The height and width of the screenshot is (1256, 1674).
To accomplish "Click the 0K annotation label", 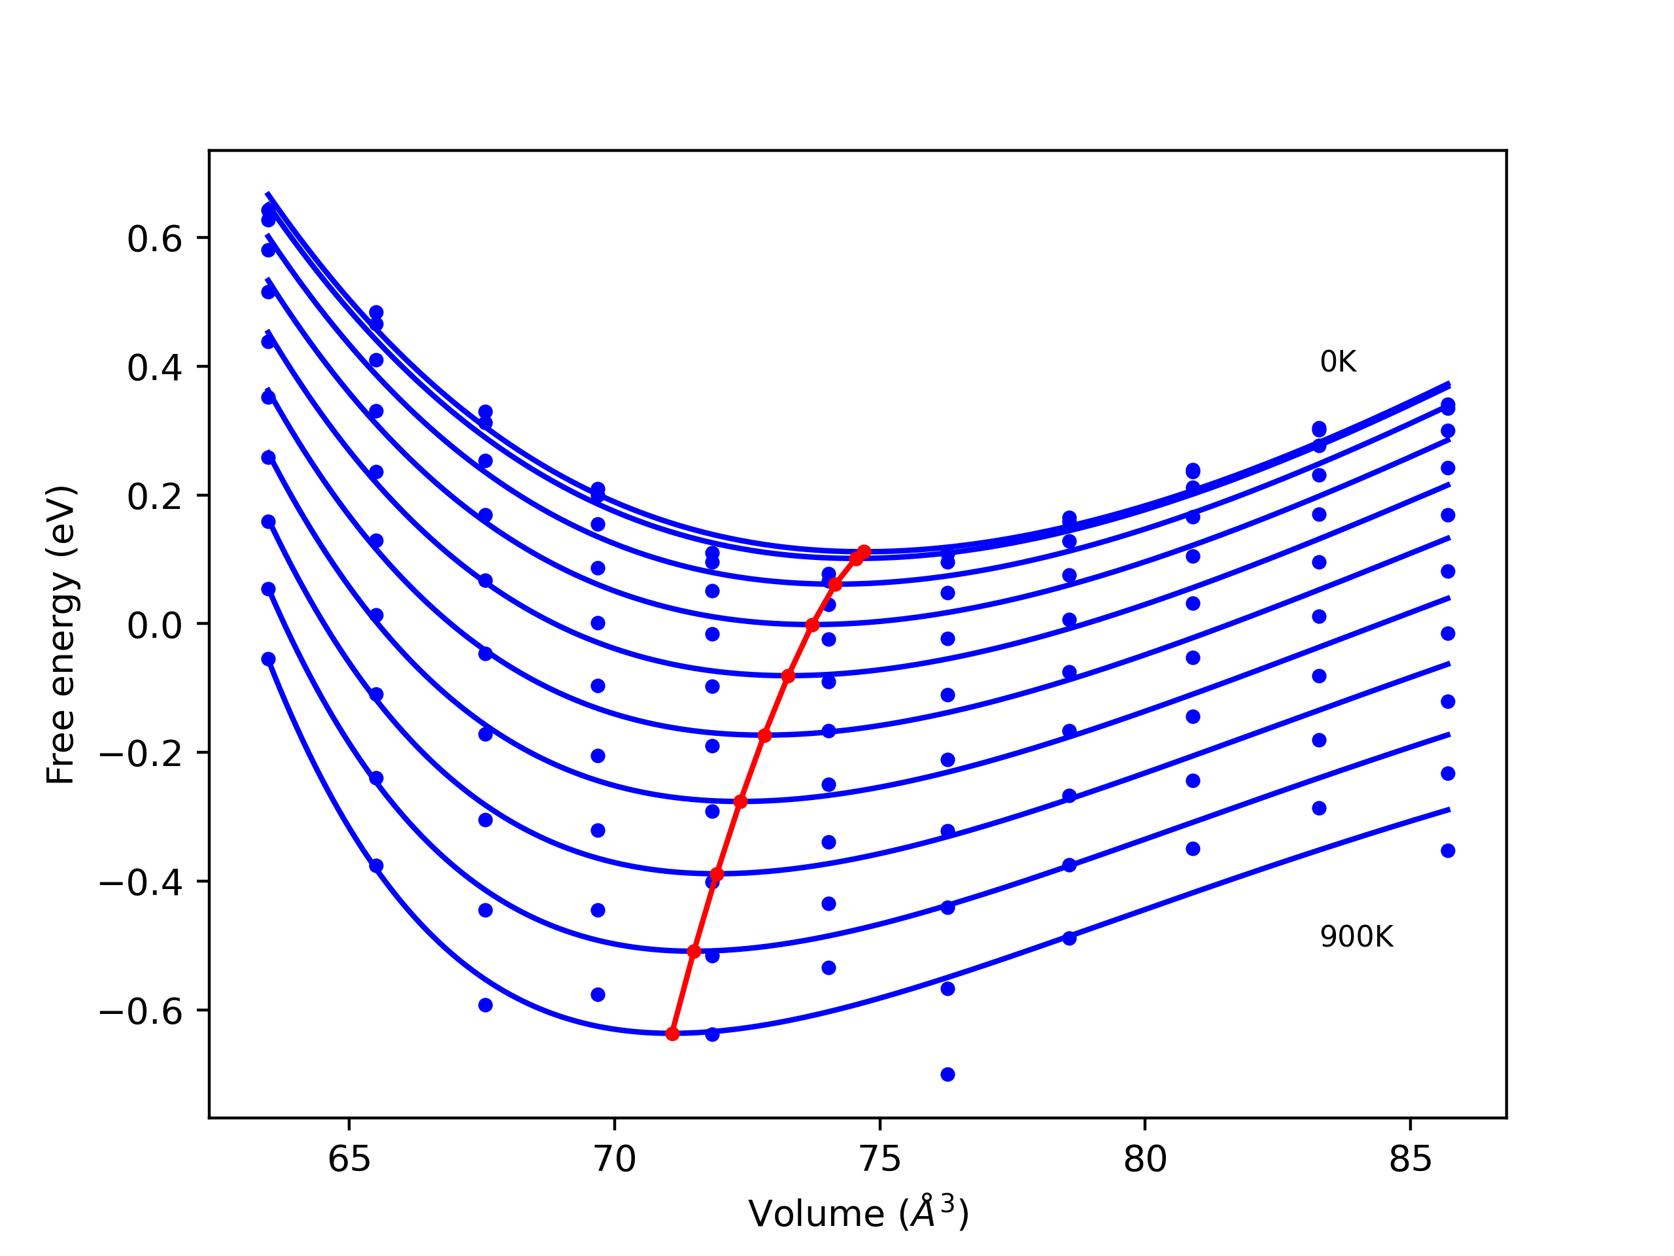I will pos(1338,362).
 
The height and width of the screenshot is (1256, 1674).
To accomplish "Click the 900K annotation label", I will pos(1356,937).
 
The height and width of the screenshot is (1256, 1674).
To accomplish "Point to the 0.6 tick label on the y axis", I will pos(154,239).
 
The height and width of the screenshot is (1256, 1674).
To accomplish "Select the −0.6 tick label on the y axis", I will pos(141,1011).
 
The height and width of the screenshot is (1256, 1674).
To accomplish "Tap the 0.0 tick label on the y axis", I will pos(154,625).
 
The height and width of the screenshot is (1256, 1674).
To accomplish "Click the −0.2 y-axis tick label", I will pos(141,754).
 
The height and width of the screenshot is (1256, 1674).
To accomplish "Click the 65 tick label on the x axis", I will pos(349,1159).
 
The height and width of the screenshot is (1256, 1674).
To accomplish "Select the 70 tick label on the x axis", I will pos(615,1159).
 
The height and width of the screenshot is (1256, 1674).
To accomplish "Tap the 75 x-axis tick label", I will pos(880,1159).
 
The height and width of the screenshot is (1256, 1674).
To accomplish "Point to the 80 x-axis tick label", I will pos(1145,1159).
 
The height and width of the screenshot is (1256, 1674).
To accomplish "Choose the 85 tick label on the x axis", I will pos(1410,1159).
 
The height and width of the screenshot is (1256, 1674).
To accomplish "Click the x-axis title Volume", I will pos(858,1213).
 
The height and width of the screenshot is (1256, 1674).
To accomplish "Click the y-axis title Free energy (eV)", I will pos(61,635).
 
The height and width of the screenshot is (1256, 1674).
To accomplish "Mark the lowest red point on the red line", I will pos(673,1034).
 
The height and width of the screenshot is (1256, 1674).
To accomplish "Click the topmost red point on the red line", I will pos(864,552).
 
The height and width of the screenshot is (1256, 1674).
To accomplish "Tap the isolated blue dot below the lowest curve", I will pos(948,1074).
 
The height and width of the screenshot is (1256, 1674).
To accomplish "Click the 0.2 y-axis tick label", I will pos(154,497).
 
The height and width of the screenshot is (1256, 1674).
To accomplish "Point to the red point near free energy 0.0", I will pos(813,625).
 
